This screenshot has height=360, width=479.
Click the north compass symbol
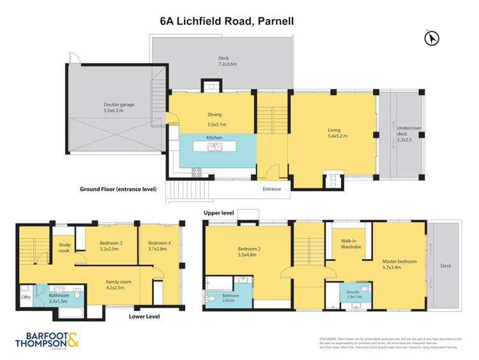(x=432, y=39)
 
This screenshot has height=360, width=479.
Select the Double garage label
(x=118, y=105)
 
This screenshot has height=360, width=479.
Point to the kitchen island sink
(x=213, y=147)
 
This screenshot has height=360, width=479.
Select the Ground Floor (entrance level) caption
(x=118, y=189)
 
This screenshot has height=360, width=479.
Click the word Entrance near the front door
(x=271, y=189)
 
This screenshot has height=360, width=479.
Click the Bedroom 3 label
(x=112, y=243)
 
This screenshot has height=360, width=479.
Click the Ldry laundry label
(x=26, y=297)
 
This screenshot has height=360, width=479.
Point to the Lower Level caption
(x=144, y=315)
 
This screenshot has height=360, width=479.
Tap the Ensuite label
(x=353, y=292)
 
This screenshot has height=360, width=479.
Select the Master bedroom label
(x=400, y=262)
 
